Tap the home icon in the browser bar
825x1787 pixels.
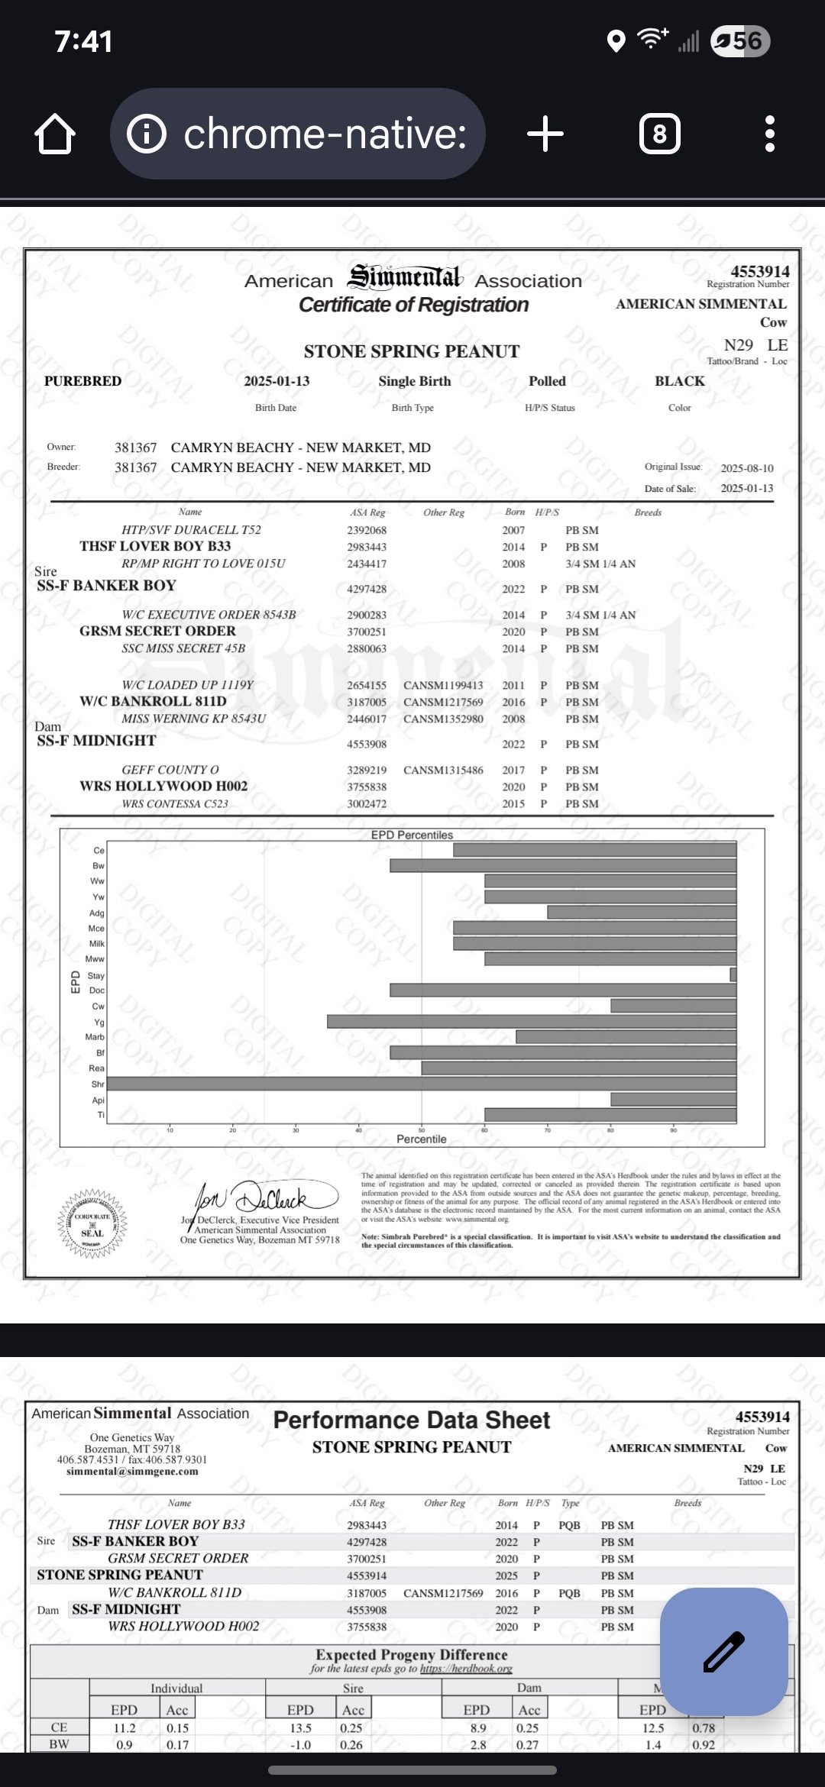tap(55, 134)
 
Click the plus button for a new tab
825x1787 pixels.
tap(545, 134)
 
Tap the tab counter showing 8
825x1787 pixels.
tap(659, 134)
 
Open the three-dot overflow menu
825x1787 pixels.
tap(769, 134)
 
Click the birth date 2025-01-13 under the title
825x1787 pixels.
tap(277, 381)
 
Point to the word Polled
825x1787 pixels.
tap(547, 381)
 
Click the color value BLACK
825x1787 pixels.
tap(679, 381)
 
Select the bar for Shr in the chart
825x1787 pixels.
tap(422, 1084)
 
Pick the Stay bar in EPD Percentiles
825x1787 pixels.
tap(733, 974)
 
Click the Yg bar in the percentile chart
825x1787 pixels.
tap(532, 1021)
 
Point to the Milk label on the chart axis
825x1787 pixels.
tap(96, 944)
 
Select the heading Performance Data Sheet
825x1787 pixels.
tap(411, 1420)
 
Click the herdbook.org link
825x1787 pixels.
tap(466, 1669)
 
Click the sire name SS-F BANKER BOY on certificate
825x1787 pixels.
tap(106, 586)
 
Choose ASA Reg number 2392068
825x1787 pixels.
tap(367, 530)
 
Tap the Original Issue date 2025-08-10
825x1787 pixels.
tap(746, 468)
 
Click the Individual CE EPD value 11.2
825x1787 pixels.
tap(125, 1727)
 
